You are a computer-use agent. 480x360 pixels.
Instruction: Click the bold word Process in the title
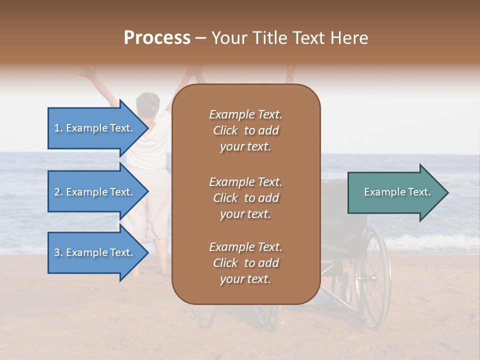(x=157, y=38)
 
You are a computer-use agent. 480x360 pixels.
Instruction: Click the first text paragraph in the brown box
(x=245, y=130)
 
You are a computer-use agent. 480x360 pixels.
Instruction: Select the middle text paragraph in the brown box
(x=245, y=198)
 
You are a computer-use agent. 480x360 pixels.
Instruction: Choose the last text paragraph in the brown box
(x=245, y=263)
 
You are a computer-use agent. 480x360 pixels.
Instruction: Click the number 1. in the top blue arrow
(x=58, y=128)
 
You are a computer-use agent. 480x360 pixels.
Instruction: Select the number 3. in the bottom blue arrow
(x=58, y=252)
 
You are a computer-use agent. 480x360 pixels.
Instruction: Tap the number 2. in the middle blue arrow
(x=58, y=192)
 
